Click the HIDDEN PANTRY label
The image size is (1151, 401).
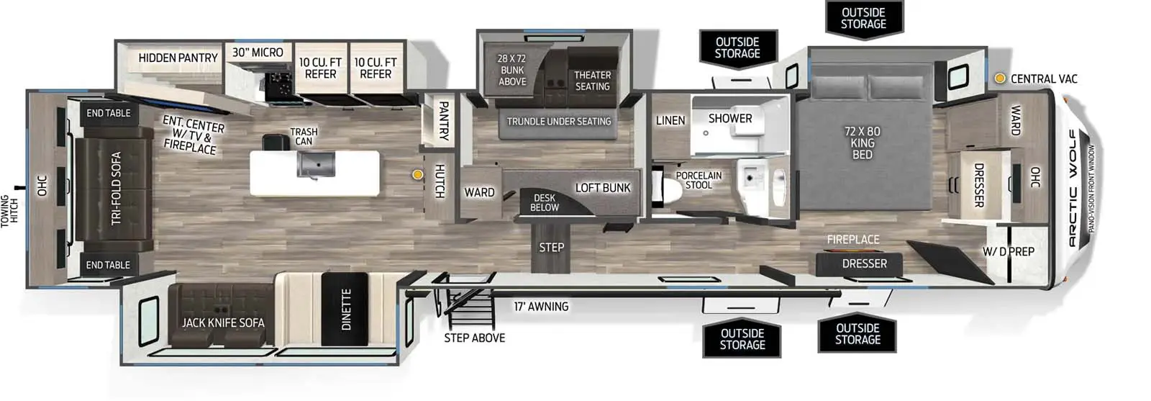(178, 58)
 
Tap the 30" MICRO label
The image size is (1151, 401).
(258, 53)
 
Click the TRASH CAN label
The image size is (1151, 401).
(304, 136)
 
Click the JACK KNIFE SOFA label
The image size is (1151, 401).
(223, 323)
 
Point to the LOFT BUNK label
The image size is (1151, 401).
(602, 188)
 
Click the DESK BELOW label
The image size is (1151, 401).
(545, 202)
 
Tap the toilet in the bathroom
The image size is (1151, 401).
(660, 189)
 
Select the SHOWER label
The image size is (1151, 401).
(729, 118)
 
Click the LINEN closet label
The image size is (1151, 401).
(670, 120)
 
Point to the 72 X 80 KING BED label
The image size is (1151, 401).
(862, 143)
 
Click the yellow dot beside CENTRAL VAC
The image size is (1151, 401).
(999, 78)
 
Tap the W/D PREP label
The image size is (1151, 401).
(1009, 252)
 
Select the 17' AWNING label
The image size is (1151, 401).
(541, 307)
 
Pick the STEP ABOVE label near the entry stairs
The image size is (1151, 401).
(474, 338)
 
